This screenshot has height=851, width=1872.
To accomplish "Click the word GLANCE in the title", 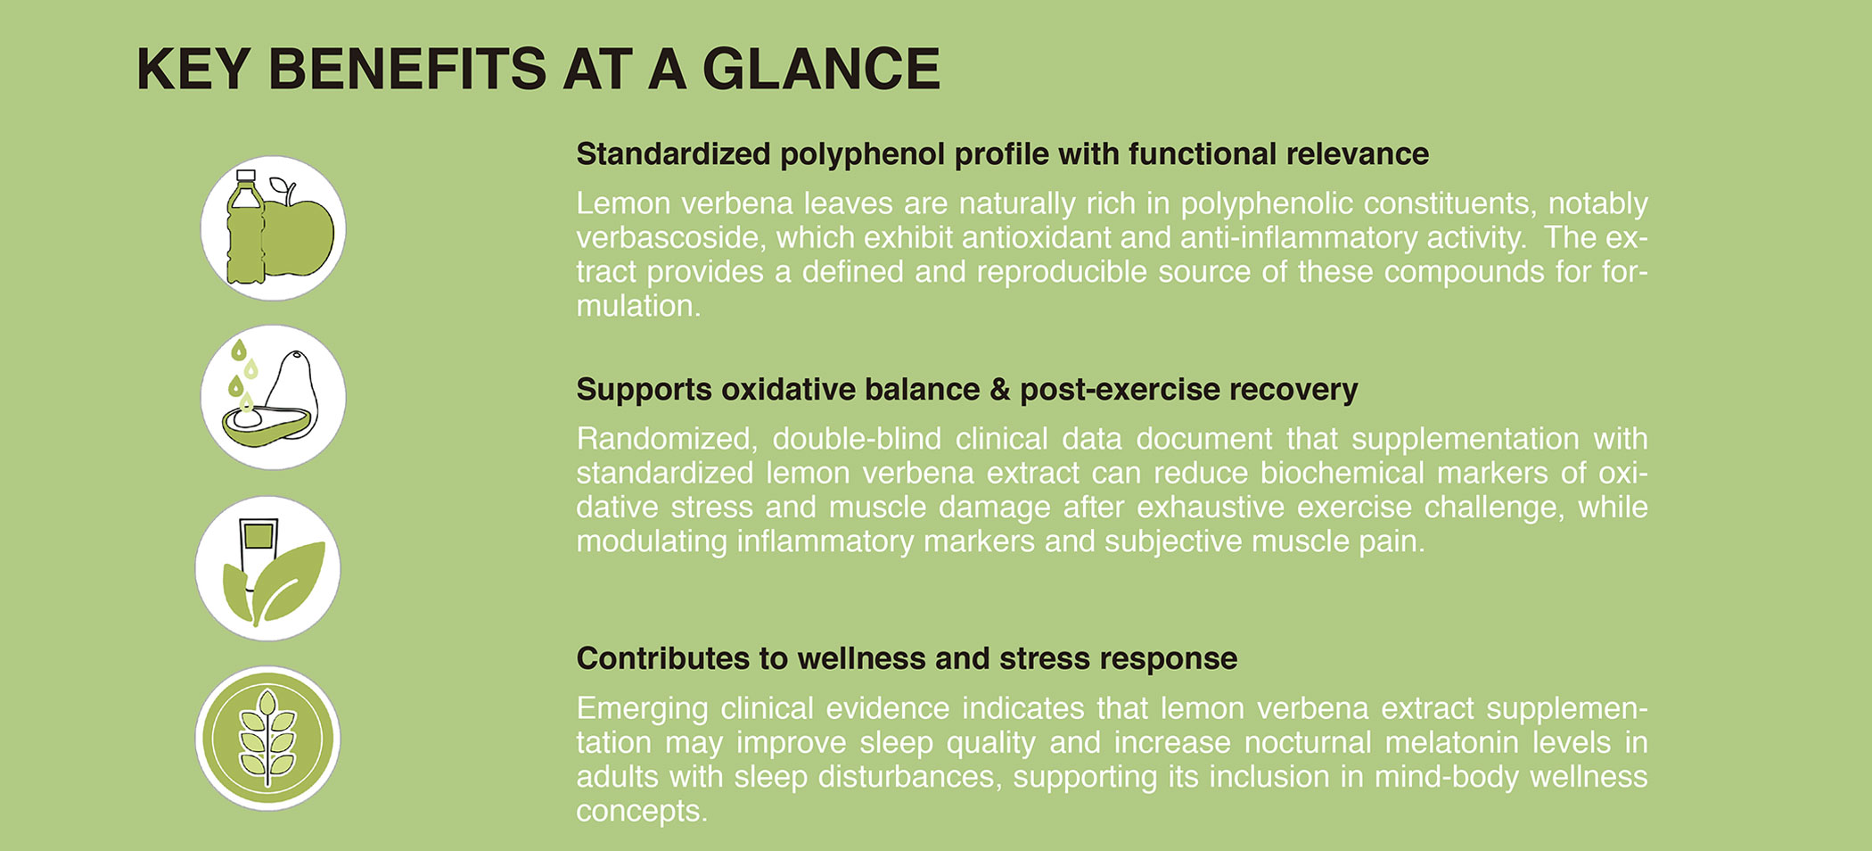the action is [x=821, y=69].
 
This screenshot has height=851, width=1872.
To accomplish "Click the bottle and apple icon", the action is [x=273, y=228].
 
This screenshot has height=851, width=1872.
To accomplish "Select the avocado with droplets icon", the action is [x=273, y=398].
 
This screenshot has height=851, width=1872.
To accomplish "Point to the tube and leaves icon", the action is [x=267, y=568].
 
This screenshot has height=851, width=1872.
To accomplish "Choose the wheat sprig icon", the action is [x=267, y=739].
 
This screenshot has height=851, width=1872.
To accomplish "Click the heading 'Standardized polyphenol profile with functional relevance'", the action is [x=1002, y=154].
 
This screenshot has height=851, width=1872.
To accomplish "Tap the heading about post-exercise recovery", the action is [x=967, y=390].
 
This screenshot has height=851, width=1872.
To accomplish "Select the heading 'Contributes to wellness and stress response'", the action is [x=907, y=658].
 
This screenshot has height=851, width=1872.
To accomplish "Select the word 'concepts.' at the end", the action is [x=642, y=812].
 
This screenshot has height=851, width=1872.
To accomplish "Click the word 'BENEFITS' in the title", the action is [x=406, y=69].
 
